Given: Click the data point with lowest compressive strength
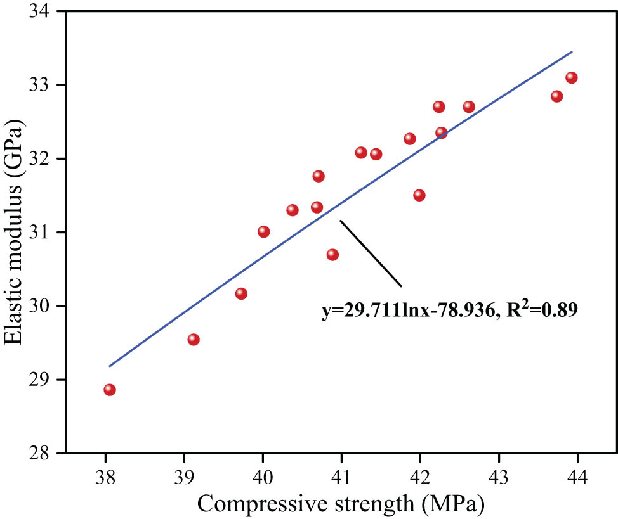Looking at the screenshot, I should (110, 389).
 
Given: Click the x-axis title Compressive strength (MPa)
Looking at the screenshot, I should (341, 504).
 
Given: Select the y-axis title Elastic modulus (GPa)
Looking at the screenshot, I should (16, 232).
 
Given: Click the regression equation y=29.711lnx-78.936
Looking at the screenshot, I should (406, 312).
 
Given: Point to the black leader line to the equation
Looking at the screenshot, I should (371, 253).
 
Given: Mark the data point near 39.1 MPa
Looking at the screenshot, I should (194, 339).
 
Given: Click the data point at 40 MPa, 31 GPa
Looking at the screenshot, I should (264, 231).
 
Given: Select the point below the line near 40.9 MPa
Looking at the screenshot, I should (332, 254).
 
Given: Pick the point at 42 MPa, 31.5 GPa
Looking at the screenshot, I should (419, 195).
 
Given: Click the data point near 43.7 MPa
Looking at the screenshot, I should (556, 96).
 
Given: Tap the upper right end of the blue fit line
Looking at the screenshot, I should (572, 53).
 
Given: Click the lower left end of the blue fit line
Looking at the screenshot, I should (110, 366).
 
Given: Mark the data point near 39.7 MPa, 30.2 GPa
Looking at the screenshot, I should (241, 293).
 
